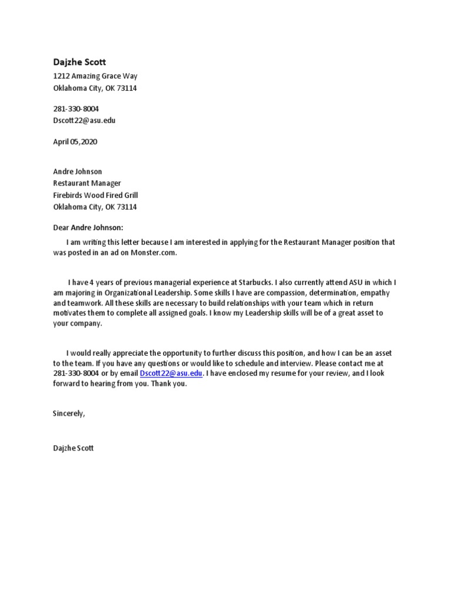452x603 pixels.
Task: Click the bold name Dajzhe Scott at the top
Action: click(79, 62)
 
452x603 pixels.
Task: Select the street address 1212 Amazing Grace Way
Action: click(95, 77)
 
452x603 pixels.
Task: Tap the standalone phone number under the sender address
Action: click(76, 109)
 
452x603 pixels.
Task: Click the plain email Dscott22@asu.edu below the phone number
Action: click(84, 121)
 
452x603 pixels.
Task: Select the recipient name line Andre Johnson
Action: click(77, 172)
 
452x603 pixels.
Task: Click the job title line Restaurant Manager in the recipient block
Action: click(87, 184)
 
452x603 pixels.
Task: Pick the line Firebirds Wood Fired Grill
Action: click(95, 195)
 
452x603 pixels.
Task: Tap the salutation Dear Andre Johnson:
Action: click(89, 228)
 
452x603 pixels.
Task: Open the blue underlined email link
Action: click(171, 374)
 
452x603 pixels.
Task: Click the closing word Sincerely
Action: click(69, 414)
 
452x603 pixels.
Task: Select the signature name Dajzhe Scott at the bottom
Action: click(73, 449)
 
